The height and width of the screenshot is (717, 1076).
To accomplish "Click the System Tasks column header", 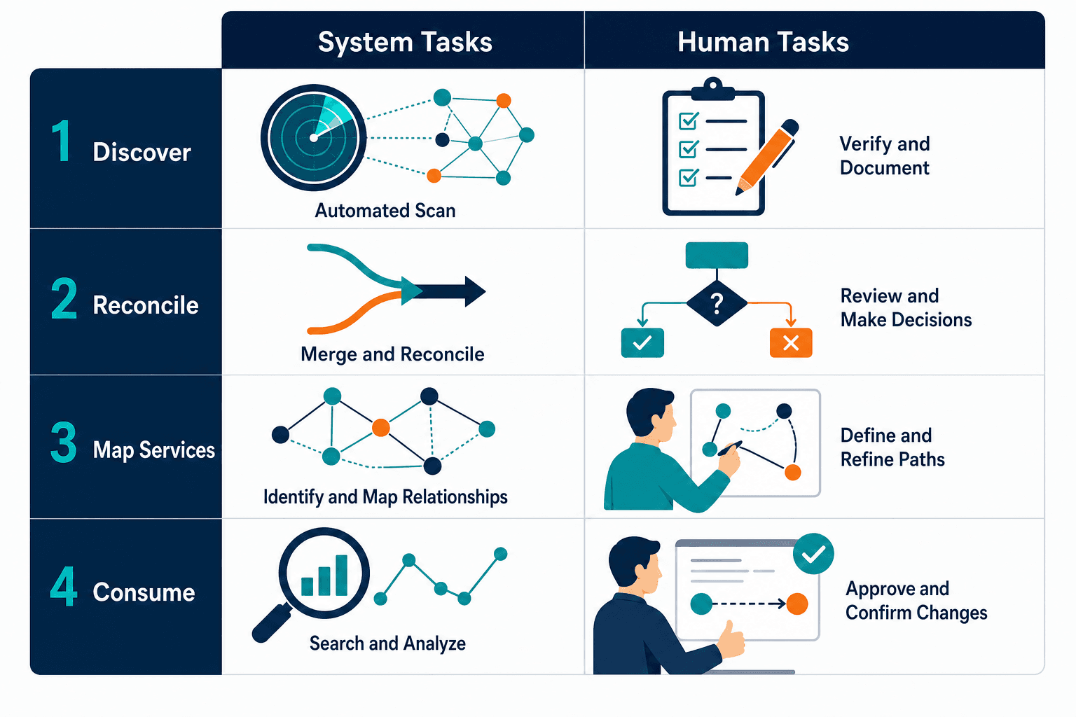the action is coord(405,42).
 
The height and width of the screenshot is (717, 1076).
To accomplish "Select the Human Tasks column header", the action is coord(763,42).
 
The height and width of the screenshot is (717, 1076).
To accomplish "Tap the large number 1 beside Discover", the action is coord(62,141).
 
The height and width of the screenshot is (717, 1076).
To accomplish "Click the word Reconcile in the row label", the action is coord(146,305).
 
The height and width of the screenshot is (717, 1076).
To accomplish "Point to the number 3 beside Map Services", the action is coord(64,442).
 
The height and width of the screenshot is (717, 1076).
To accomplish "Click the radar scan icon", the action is coord(314,138).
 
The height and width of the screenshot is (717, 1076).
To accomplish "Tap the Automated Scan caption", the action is coord(385,210).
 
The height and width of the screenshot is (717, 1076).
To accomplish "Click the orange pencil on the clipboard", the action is coord(767,157).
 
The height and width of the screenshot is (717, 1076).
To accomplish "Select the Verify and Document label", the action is coord(884,155).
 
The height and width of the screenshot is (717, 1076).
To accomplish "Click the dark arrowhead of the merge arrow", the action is coord(475,291).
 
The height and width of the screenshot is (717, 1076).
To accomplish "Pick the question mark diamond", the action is coord(717,303).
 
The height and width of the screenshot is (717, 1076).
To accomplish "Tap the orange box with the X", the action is coord(791,343).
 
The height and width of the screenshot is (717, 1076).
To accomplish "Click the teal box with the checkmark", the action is coord(642,343).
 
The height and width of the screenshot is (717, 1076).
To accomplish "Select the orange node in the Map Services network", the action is coord(381,427).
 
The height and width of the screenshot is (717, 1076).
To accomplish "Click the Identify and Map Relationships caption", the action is coord(385,497).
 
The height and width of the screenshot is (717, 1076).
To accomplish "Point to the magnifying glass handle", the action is coord(273,622).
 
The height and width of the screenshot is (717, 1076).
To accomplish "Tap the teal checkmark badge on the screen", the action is coord(813,554).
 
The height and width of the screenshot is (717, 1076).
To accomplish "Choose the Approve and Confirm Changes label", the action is coord(916,600).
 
